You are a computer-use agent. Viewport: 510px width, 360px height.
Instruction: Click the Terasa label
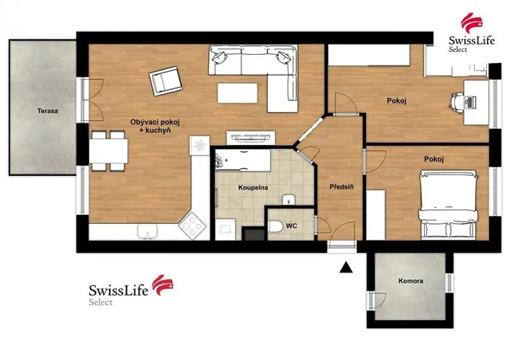(48, 111)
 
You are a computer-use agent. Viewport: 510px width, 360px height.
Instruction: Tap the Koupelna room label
(253, 188)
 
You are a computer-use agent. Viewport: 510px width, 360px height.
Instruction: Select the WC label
(292, 225)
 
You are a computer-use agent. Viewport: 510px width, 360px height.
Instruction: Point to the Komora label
(411, 281)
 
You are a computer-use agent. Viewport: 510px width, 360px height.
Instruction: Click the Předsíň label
(342, 187)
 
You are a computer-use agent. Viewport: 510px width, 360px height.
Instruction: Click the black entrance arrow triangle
(346, 267)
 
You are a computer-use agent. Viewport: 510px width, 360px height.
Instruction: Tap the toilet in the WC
(275, 226)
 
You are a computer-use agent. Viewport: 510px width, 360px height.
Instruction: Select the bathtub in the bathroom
(242, 160)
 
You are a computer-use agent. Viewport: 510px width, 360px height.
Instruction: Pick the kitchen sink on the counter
(147, 232)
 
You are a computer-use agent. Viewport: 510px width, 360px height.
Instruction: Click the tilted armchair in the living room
(165, 81)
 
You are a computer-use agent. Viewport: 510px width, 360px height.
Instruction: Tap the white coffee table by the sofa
(237, 93)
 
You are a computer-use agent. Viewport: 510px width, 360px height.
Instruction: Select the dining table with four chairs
(108, 151)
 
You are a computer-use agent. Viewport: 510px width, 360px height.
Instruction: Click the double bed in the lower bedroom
(449, 204)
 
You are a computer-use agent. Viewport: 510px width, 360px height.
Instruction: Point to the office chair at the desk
(457, 102)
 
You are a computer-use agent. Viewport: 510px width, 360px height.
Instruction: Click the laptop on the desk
(471, 103)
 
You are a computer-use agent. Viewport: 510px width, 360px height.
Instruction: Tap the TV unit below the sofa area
(250, 138)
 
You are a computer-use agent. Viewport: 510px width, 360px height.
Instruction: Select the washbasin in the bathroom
(288, 200)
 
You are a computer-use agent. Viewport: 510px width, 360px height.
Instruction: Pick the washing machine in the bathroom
(226, 229)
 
